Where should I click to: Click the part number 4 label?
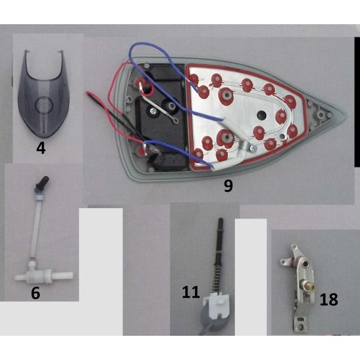pos(41,148)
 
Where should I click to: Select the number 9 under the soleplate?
pos(228,185)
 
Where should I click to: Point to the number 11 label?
pos(190,292)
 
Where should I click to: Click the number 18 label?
pos(329,299)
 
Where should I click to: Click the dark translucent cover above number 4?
pos(43,94)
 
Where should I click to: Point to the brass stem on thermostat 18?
pos(308,286)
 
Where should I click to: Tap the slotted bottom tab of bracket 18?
pos(300,323)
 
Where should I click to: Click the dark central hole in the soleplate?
pos(261,114)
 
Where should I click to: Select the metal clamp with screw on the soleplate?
pos(247,148)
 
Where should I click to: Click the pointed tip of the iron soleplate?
pos(344,115)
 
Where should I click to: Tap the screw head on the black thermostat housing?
pos(153,111)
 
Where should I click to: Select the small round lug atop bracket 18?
pos(294,247)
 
